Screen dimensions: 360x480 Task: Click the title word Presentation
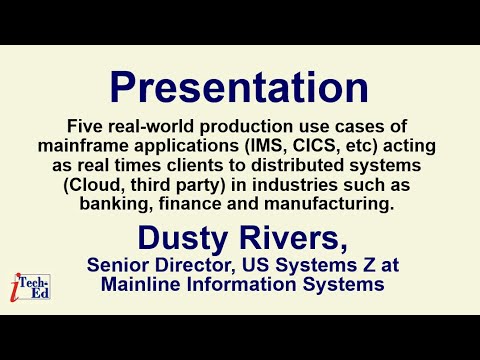coord(240,89)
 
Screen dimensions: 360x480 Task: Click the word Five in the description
coord(84,127)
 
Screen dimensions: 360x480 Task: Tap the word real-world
coord(148,127)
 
